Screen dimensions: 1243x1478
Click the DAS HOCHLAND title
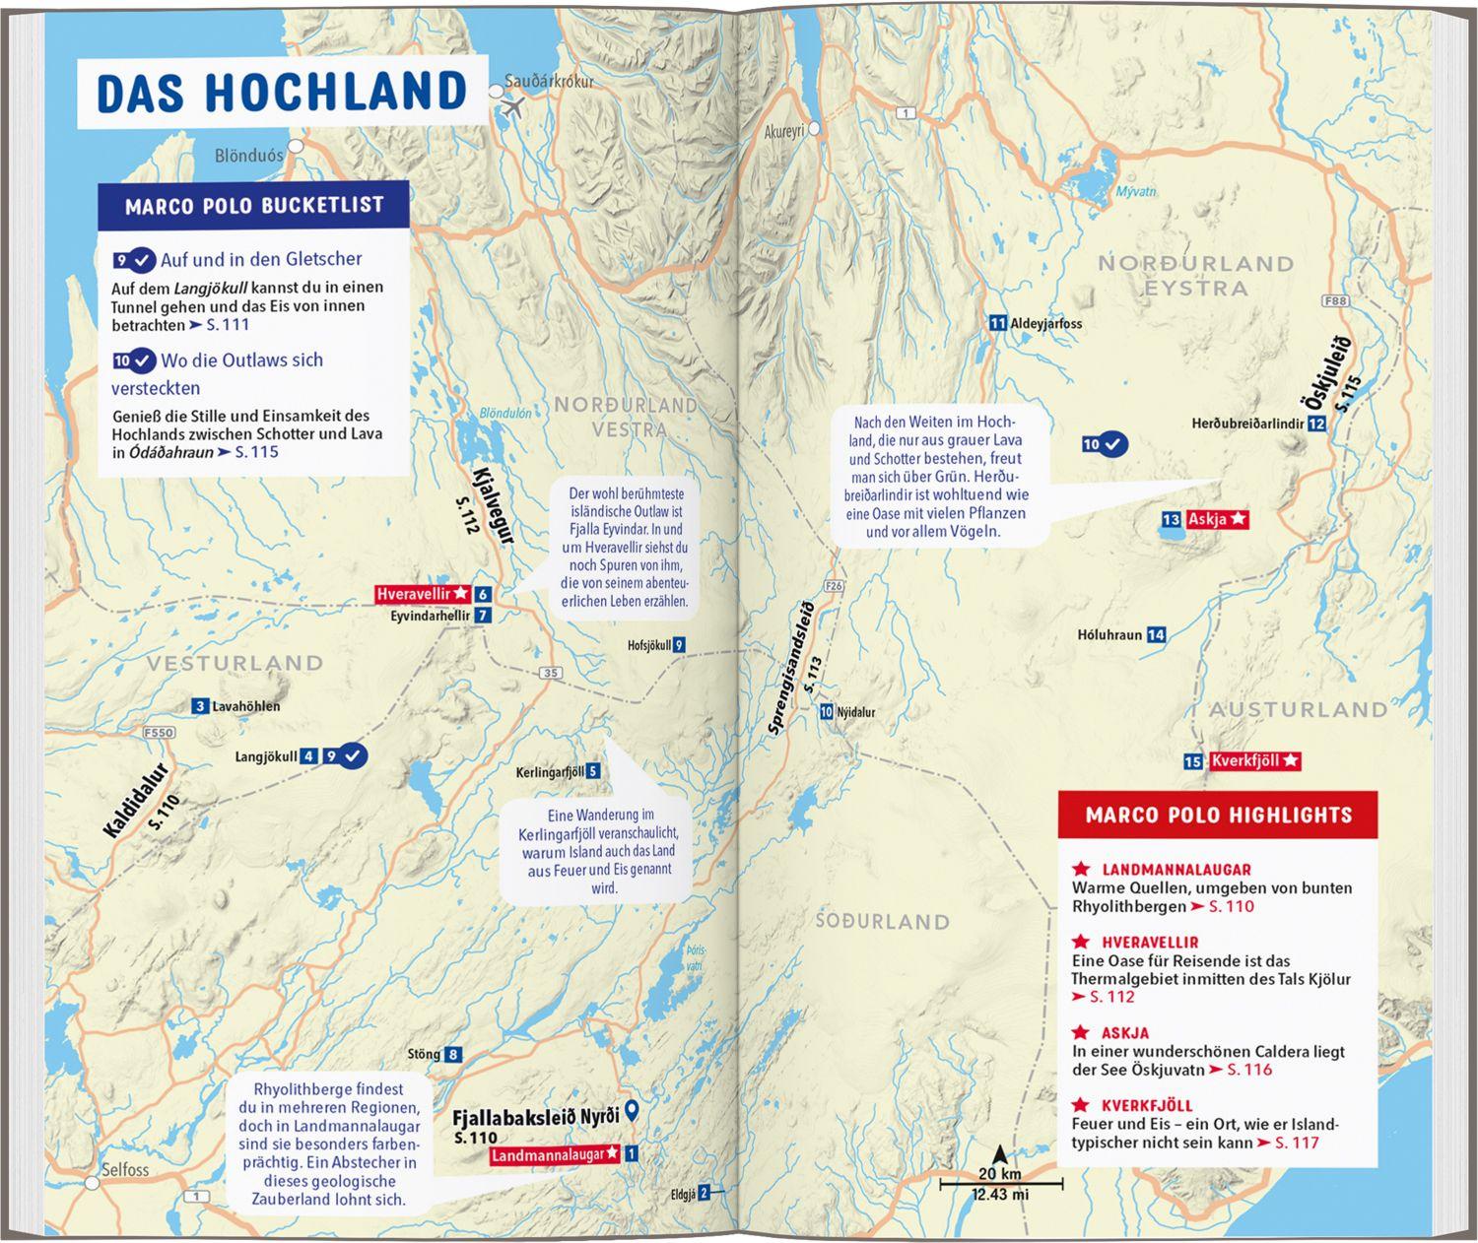[281, 92]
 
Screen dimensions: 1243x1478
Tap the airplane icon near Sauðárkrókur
[512, 108]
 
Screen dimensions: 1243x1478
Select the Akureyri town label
[785, 131]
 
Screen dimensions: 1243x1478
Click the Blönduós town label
[248, 156]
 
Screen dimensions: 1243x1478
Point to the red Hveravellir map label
[423, 594]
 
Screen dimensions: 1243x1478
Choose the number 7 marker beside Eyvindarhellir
[482, 616]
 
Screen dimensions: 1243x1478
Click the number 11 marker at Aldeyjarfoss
[998, 323]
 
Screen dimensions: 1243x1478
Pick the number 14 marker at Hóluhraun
[1156, 635]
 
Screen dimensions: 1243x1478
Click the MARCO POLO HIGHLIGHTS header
[1218, 816]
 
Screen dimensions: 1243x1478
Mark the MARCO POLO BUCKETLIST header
[253, 206]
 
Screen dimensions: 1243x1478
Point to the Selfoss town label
[125, 1169]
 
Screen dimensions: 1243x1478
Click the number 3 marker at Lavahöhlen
[200, 706]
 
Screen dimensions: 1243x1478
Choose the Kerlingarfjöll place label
[550, 772]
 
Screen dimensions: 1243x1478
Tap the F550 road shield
[158, 733]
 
